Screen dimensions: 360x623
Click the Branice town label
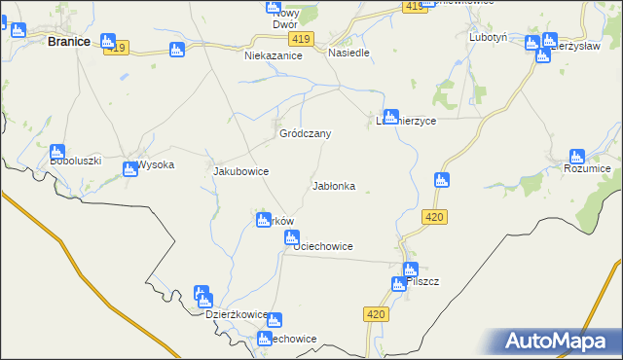click(x=69, y=42)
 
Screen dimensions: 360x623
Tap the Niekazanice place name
click(x=274, y=56)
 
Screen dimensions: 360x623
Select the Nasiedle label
click(x=348, y=53)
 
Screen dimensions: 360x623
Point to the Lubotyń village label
click(x=489, y=37)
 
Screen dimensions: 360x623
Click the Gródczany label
click(x=306, y=133)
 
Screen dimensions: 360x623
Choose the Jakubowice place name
click(x=240, y=171)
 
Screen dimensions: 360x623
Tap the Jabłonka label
click(x=333, y=185)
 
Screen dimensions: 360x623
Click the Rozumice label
click(x=587, y=169)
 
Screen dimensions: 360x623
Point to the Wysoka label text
click(x=156, y=164)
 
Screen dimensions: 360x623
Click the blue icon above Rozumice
click(x=577, y=156)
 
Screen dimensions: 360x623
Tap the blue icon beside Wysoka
click(x=129, y=169)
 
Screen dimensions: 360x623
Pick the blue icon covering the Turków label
click(x=263, y=220)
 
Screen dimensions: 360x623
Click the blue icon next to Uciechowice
click(x=290, y=236)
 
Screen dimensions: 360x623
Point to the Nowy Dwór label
click(x=284, y=18)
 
